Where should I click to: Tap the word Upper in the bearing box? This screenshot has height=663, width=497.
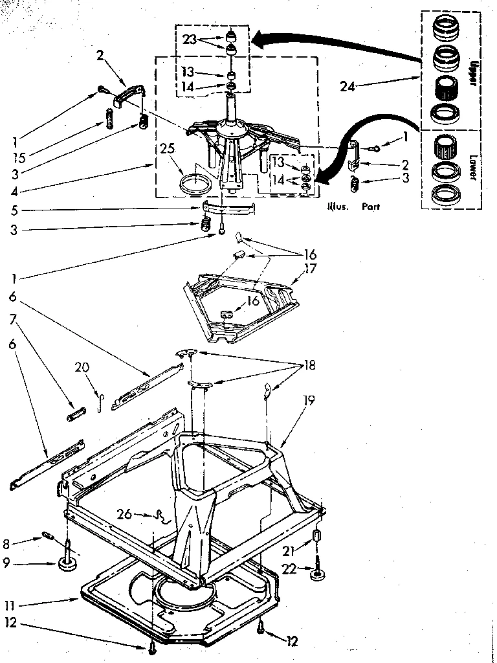pos(473,72)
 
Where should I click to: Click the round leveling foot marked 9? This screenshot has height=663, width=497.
pos(67,564)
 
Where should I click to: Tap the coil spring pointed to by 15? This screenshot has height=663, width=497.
pos(109,119)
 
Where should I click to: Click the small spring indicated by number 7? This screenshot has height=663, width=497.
pos(76,412)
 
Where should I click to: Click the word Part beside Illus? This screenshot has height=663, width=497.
pos(371,207)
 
